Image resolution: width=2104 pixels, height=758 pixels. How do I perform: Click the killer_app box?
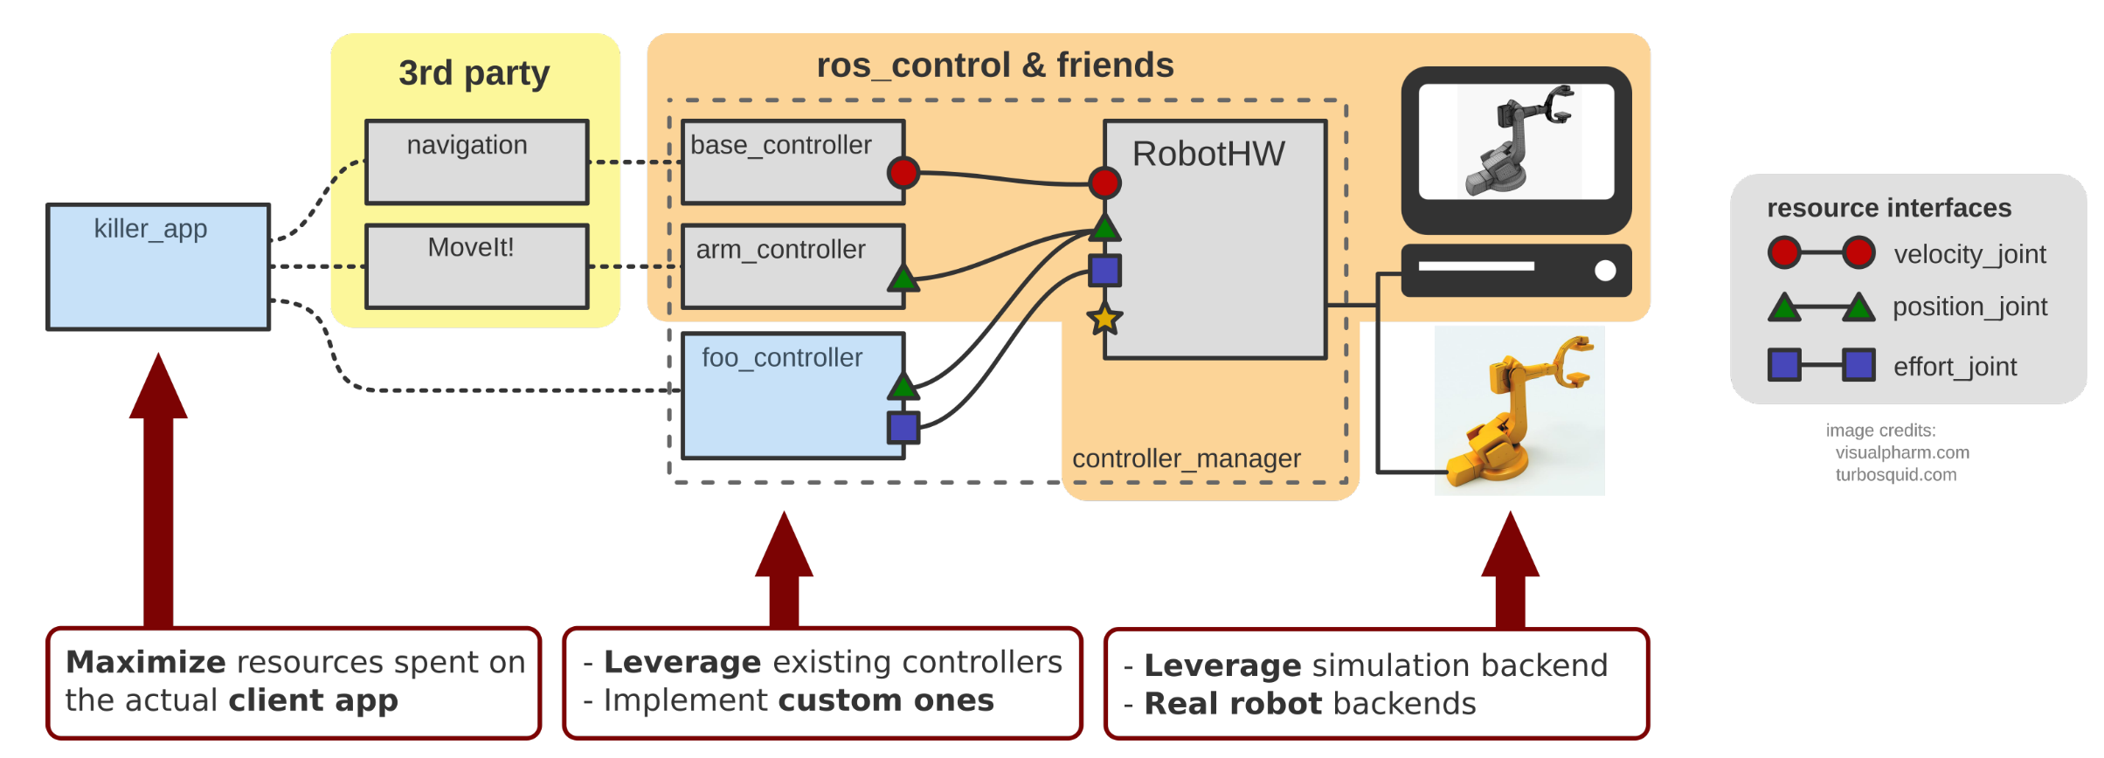[x=158, y=267]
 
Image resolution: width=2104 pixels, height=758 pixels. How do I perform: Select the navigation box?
[x=476, y=162]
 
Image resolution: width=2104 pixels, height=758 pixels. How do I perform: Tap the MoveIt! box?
[x=476, y=266]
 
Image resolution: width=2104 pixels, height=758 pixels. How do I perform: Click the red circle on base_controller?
[x=903, y=172]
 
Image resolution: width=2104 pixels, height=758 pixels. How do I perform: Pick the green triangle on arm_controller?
[x=903, y=279]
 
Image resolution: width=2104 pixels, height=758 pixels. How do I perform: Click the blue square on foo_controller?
[x=903, y=427]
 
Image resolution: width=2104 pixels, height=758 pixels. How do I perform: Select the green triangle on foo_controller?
[x=903, y=385]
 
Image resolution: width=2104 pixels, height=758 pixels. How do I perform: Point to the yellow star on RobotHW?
[x=1104, y=319]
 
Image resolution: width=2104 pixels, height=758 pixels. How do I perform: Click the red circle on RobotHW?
[x=1104, y=183]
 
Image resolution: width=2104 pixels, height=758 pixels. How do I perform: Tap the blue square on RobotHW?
[x=1104, y=271]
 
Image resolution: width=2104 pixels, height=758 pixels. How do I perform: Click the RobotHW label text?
[x=1208, y=155]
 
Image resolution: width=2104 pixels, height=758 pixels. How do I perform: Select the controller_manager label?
[x=1186, y=458]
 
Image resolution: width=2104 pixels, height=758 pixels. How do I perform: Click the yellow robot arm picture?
[x=1519, y=410]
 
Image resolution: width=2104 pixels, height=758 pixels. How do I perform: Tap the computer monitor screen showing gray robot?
[x=1516, y=141]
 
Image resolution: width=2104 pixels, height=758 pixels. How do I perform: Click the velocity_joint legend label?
[x=1969, y=254]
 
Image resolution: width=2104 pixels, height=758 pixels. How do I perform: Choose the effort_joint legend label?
[x=1955, y=367]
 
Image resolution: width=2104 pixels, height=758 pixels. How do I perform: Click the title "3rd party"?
[x=474, y=73]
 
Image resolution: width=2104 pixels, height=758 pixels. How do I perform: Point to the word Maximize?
[x=146, y=662]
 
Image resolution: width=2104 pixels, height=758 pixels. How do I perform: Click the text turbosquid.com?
[x=1895, y=475]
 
